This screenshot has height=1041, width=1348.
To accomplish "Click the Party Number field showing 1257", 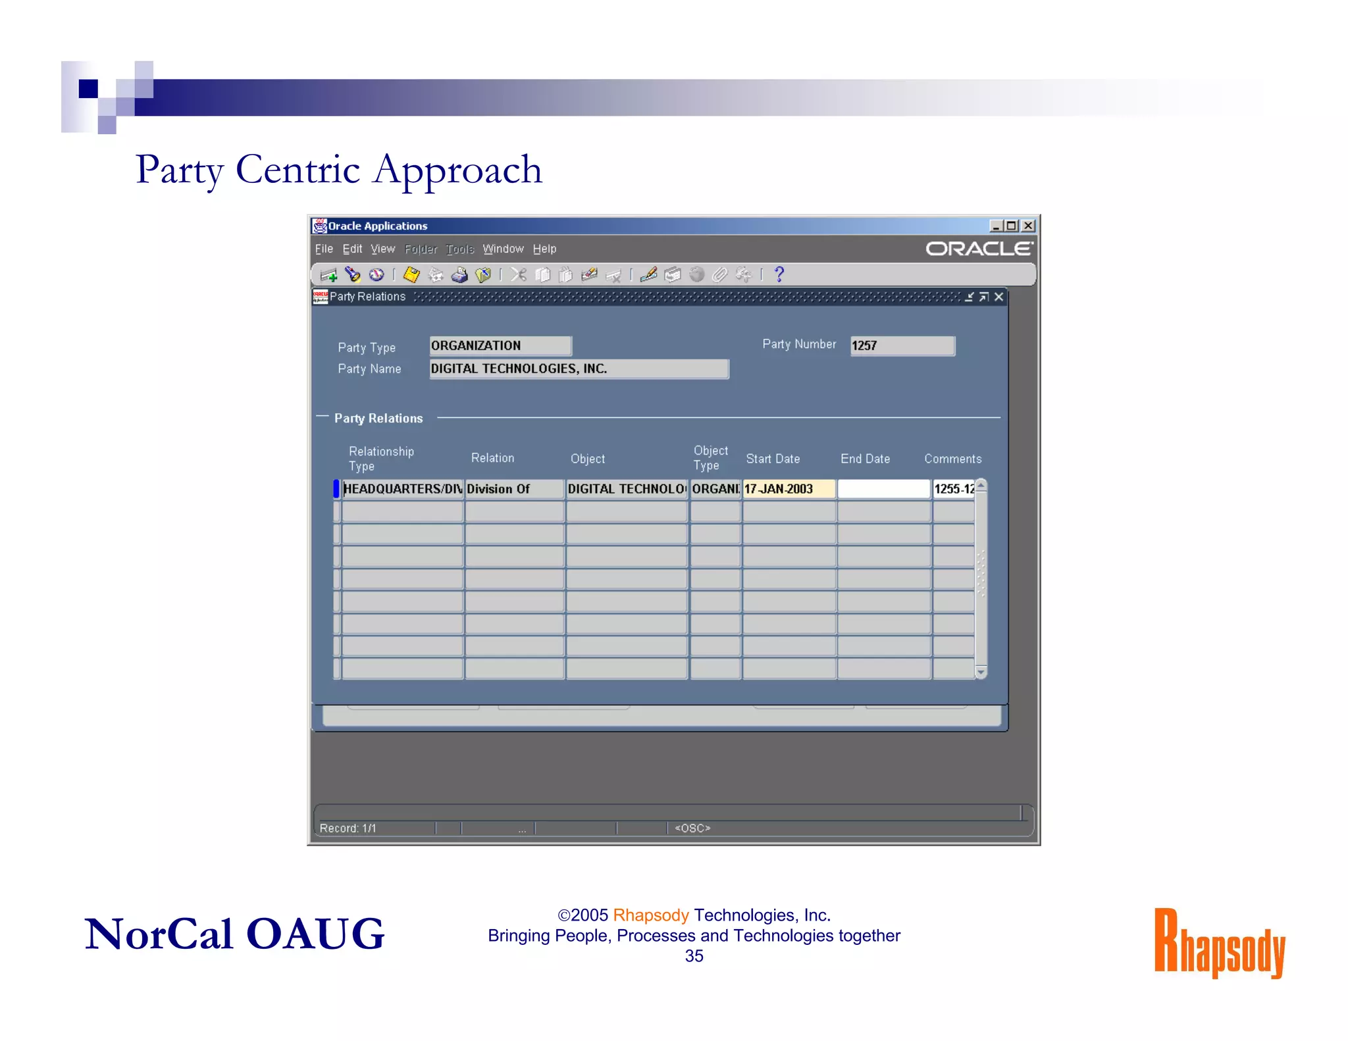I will click(x=902, y=345).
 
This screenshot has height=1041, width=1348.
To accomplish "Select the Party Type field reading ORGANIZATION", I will click(x=500, y=345).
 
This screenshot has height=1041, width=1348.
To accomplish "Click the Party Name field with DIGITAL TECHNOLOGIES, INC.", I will click(x=579, y=368).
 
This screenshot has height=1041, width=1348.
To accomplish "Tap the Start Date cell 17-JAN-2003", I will click(x=789, y=489).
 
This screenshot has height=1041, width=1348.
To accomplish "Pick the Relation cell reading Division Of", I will click(x=514, y=489).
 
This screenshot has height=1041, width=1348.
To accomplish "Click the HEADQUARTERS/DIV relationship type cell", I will click(x=402, y=489).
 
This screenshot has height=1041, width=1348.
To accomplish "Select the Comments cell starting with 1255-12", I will click(x=953, y=489).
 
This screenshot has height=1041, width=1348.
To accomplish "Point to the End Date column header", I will click(x=865, y=459).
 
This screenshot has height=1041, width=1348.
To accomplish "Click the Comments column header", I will click(x=952, y=459).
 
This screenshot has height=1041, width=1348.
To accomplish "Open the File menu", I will click(x=323, y=249).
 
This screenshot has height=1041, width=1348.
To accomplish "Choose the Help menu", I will click(x=544, y=249).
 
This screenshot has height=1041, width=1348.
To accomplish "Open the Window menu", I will click(x=503, y=249).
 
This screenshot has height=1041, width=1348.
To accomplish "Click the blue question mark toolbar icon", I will click(x=779, y=274).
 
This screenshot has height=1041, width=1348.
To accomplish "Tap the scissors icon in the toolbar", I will click(x=519, y=274).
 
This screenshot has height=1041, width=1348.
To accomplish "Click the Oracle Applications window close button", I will click(x=1028, y=226).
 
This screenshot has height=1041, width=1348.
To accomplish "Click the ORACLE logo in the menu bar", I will click(x=979, y=249).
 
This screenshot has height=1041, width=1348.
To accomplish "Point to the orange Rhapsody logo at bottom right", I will click(x=1219, y=942).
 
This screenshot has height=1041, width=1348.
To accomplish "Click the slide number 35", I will click(x=694, y=956).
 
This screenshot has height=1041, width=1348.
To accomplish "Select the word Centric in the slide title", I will click(x=298, y=170).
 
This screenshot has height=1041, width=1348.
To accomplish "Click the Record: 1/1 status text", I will click(x=348, y=828).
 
